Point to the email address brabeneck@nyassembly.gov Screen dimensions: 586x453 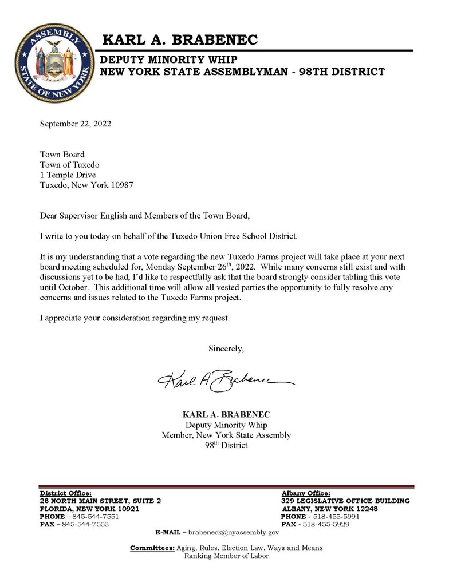coord(233,532)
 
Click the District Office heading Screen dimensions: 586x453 coord(65,493)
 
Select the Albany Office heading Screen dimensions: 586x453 coord(306,493)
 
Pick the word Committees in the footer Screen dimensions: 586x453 coord(152,548)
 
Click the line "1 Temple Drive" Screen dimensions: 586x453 coord(68,175)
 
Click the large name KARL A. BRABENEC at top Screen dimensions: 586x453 coord(180,40)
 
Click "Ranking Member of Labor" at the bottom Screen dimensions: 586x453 coord(226,556)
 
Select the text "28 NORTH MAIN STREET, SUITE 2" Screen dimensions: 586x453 coord(100,501)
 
